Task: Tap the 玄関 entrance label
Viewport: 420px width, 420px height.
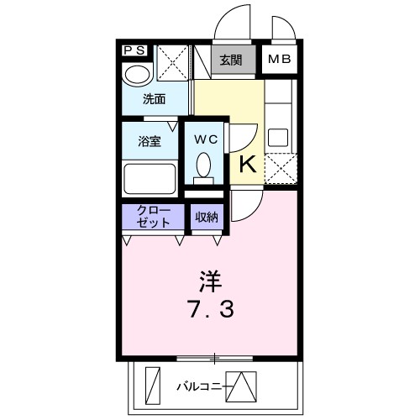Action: pyautogui.click(x=231, y=60)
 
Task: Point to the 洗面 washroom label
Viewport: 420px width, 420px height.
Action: pyautogui.click(x=153, y=99)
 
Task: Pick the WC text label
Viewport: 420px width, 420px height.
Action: pyautogui.click(x=206, y=139)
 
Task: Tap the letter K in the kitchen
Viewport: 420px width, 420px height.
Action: pyautogui.click(x=249, y=164)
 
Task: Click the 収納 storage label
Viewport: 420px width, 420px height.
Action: pyautogui.click(x=207, y=217)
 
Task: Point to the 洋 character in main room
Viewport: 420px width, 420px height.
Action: pyautogui.click(x=210, y=278)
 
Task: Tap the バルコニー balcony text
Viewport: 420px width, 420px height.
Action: pyautogui.click(x=200, y=387)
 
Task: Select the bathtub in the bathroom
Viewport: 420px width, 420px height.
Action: pyautogui.click(x=150, y=178)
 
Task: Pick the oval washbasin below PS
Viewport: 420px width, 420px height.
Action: pyautogui.click(x=134, y=75)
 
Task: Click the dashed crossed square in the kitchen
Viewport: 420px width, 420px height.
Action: pyautogui.click(x=281, y=169)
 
